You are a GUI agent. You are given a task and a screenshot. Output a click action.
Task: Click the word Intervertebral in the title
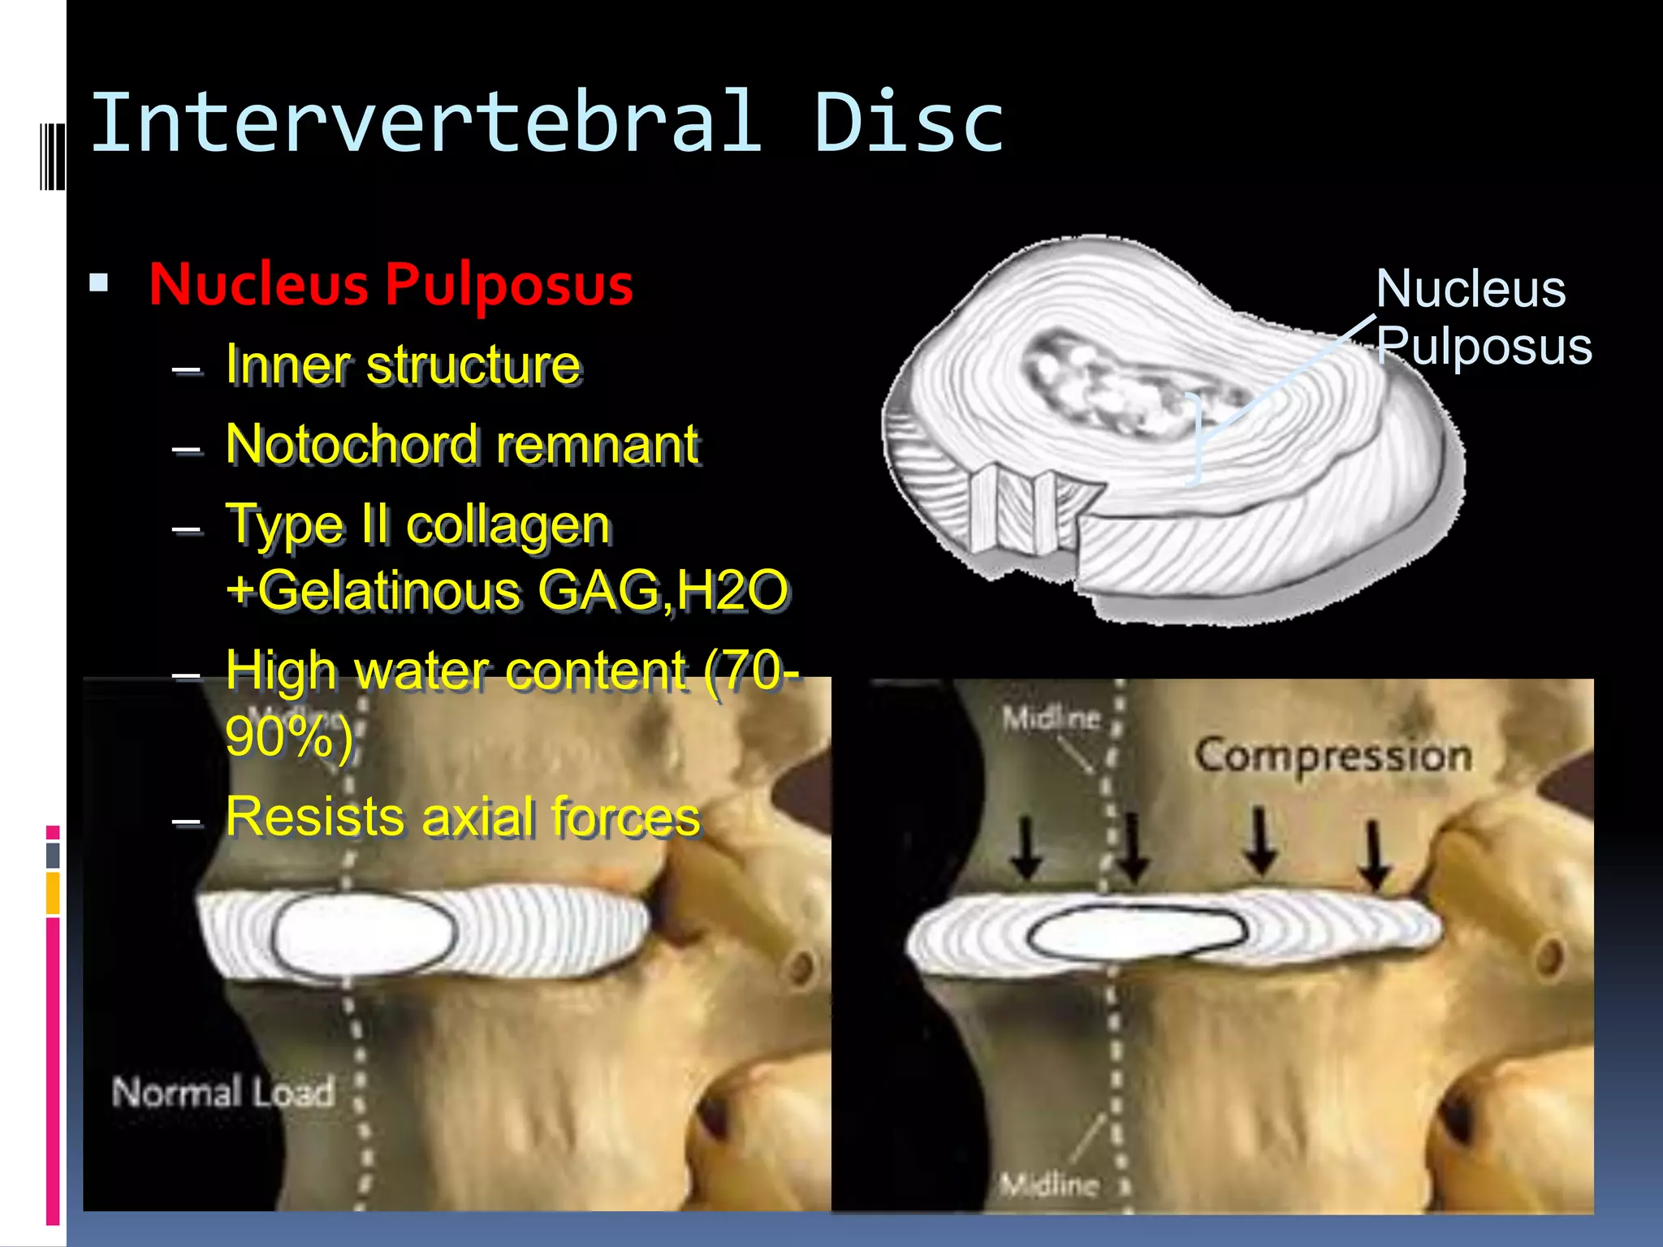(x=427, y=123)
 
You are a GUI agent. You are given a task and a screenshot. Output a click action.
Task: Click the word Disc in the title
(x=909, y=123)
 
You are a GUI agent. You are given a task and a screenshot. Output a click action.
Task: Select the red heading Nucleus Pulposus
(x=391, y=285)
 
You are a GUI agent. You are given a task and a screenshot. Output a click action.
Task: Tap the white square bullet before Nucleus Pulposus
(x=99, y=283)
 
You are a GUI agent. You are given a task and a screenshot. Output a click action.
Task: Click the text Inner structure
(x=404, y=365)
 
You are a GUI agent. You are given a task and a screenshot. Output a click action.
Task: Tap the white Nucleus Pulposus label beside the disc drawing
(x=1482, y=317)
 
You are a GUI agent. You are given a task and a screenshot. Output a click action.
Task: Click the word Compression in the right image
(x=1333, y=757)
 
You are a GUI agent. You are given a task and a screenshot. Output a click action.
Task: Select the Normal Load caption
(x=223, y=1093)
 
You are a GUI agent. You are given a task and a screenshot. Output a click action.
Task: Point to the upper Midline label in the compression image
(x=1051, y=718)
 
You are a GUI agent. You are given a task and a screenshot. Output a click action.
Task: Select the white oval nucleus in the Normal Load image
(x=365, y=934)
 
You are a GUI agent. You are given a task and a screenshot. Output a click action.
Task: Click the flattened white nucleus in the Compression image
(x=1138, y=932)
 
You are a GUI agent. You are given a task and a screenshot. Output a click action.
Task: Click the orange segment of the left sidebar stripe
(x=53, y=892)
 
